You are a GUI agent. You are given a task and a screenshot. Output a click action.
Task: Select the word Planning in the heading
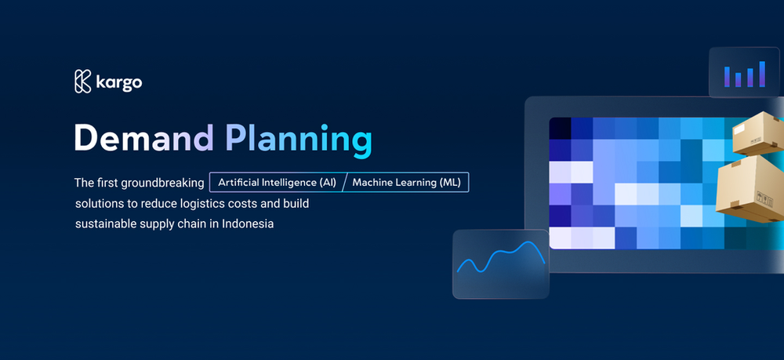pos(298,139)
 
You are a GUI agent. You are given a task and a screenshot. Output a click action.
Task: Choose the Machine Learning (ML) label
pos(407,183)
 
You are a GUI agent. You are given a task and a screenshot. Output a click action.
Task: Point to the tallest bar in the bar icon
pos(760,73)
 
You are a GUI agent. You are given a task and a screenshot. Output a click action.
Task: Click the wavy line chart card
pos(500,264)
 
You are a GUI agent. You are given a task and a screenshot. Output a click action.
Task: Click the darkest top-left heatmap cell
pos(560,128)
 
